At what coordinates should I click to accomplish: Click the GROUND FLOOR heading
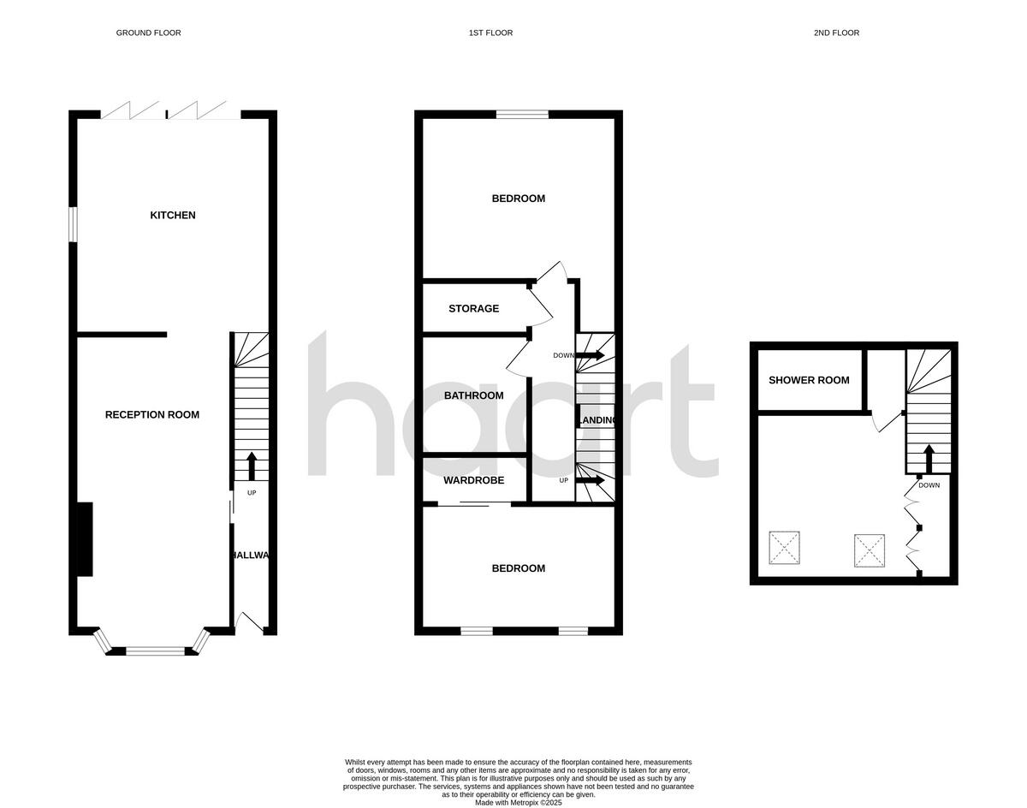[x=148, y=33]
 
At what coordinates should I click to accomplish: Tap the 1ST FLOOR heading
[x=490, y=33]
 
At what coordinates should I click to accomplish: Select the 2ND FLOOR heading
[x=836, y=33]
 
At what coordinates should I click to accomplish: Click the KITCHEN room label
[x=173, y=216]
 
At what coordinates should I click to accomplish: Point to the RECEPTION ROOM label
[x=152, y=415]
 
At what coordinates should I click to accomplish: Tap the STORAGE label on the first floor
[x=473, y=309]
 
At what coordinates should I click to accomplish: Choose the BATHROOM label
[x=473, y=395]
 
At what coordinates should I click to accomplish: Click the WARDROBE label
[x=473, y=481]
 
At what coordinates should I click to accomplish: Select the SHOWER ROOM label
[x=809, y=380]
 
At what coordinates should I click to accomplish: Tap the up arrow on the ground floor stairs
[x=252, y=466]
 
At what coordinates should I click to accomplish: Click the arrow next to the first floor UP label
[x=590, y=480]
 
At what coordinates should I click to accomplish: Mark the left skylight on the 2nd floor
[x=784, y=548]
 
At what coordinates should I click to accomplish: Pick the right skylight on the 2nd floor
[x=869, y=550]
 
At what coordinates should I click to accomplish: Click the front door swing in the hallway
[x=249, y=622]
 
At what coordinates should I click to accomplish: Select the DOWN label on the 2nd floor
[x=929, y=485]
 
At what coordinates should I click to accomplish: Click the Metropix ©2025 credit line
[x=519, y=802]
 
